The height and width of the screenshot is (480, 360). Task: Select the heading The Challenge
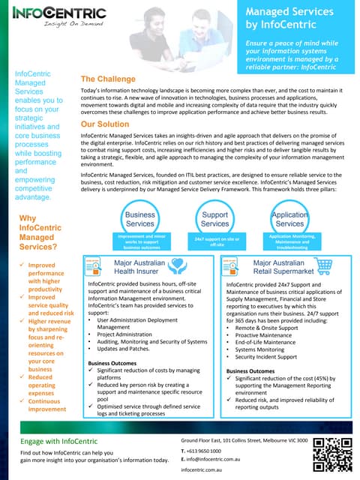[108, 79]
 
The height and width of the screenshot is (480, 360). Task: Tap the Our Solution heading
[109, 124]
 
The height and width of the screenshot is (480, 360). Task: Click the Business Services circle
[139, 219]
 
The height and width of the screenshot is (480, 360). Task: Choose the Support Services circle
[215, 219]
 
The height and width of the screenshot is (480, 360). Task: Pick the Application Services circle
[291, 219]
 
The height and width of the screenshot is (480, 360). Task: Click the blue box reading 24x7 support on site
[215, 241]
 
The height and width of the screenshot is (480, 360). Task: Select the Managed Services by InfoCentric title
[289, 19]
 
